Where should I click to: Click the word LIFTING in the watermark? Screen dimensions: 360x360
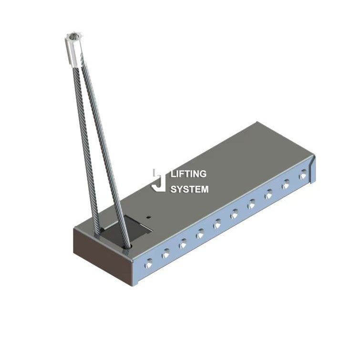point(188,174)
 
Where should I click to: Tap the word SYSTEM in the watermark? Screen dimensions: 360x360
point(189,189)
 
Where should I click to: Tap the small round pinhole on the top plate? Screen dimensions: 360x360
point(149,215)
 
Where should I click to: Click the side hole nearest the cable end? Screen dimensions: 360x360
point(149,262)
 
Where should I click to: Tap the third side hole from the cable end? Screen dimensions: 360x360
point(183,244)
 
